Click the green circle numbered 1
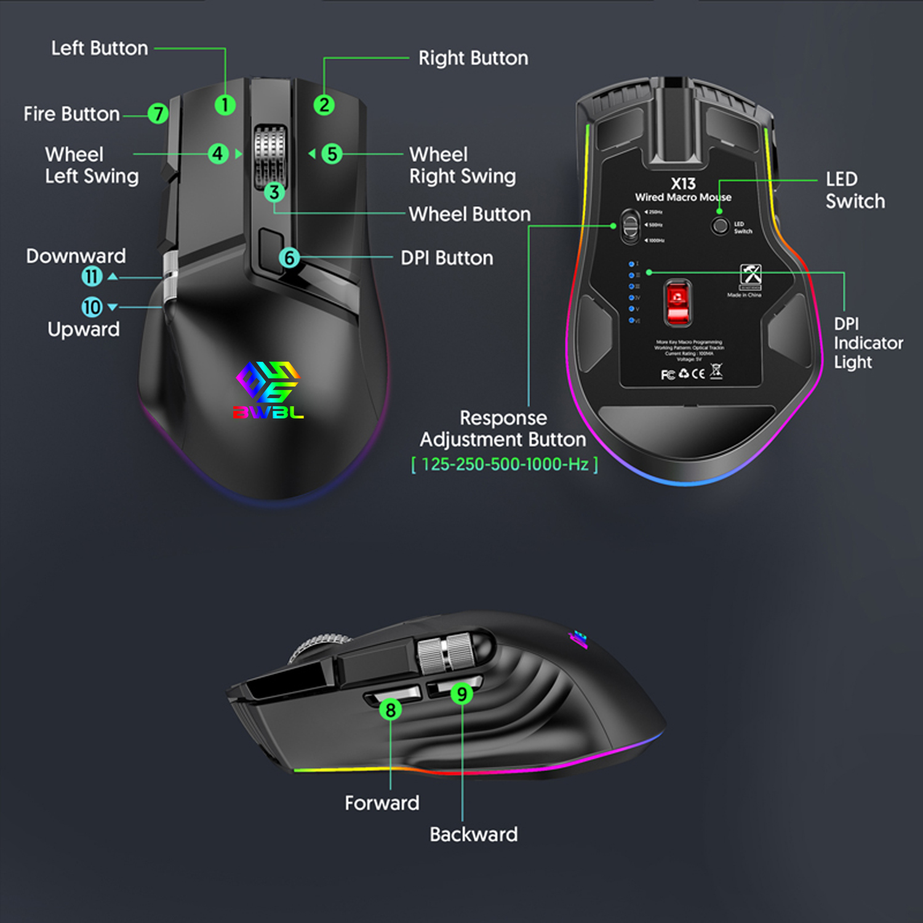pyautogui.click(x=225, y=105)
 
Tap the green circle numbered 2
pyautogui.click(x=324, y=105)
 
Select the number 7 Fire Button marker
pyautogui.click(x=158, y=114)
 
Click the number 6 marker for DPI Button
pyautogui.click(x=289, y=258)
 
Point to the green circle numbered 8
pyautogui.click(x=390, y=709)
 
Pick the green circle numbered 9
pyautogui.click(x=461, y=694)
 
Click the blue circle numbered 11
pyautogui.click(x=92, y=276)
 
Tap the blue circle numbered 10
pyautogui.click(x=92, y=306)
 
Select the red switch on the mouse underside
pyautogui.click(x=678, y=302)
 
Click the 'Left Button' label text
pyautogui.click(x=100, y=48)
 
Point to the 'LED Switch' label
pyautogui.click(x=855, y=190)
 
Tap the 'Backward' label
pyautogui.click(x=473, y=834)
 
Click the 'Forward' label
pyautogui.click(x=382, y=803)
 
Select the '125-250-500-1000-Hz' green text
pyautogui.click(x=505, y=464)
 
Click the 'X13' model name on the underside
pyautogui.click(x=683, y=183)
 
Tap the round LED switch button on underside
pyautogui.click(x=720, y=226)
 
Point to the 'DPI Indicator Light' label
pyautogui.click(x=868, y=343)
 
